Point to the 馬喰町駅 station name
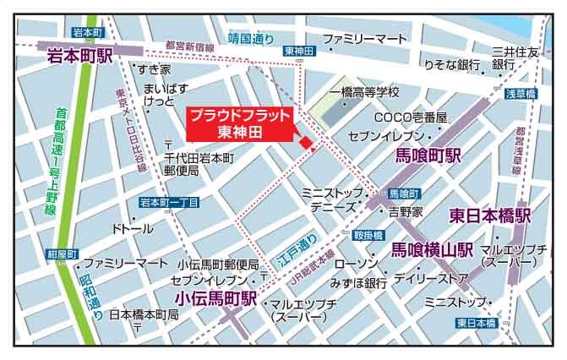[x=430, y=156]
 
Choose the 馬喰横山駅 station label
[x=432, y=249]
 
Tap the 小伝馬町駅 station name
[x=215, y=298]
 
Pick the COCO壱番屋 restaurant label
[x=411, y=117]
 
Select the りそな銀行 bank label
[x=452, y=64]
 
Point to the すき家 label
[x=155, y=68]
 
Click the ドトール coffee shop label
[x=132, y=228]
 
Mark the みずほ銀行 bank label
[x=359, y=281]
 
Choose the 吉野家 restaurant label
[x=407, y=211]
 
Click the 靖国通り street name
[x=251, y=38]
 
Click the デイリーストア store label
[x=431, y=276]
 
